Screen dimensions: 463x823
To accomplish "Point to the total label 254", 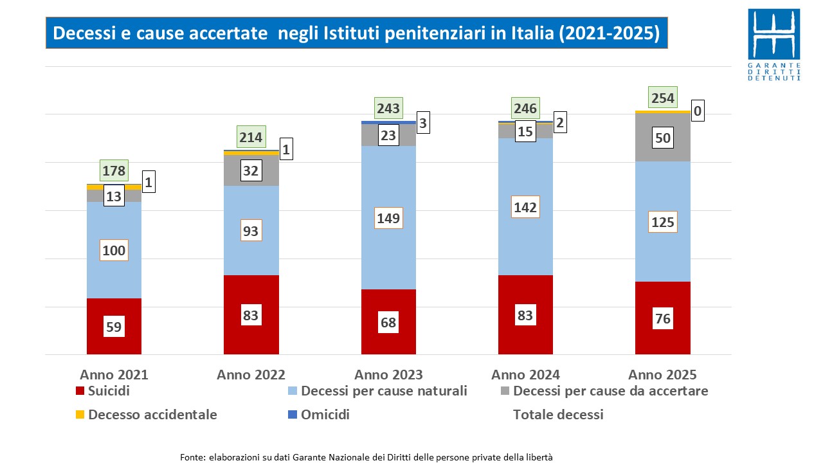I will (x=662, y=98).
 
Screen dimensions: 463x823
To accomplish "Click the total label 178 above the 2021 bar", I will (x=114, y=171).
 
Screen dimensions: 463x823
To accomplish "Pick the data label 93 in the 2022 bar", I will (x=251, y=231).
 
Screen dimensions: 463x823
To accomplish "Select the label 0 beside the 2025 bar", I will (x=697, y=112).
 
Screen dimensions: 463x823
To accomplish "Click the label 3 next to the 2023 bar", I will (x=423, y=122).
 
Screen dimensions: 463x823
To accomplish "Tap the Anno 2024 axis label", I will (x=525, y=374).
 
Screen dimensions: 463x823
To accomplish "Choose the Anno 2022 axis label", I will (x=251, y=374).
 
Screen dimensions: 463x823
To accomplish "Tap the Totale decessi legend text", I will (x=558, y=415).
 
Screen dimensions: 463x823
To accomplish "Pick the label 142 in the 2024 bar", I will (x=525, y=207).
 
